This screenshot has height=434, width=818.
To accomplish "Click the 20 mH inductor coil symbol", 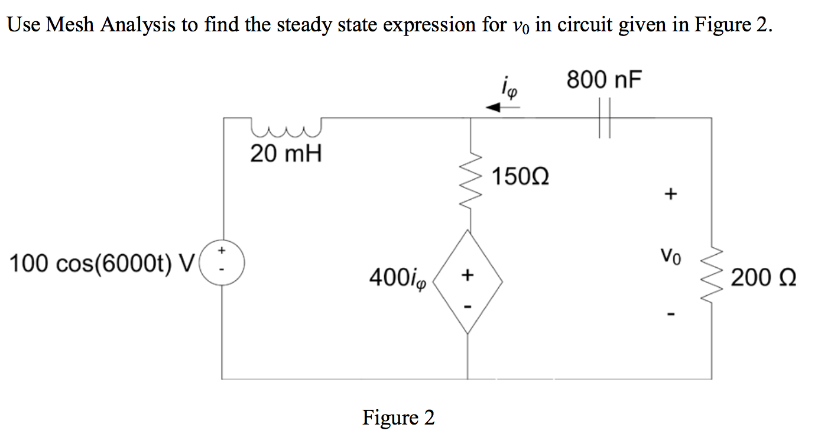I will [x=286, y=126].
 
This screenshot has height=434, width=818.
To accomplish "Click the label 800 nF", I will [x=603, y=80].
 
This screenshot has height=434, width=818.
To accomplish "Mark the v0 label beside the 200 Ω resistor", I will [x=671, y=257].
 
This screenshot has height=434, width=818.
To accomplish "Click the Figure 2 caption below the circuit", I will [x=398, y=418].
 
